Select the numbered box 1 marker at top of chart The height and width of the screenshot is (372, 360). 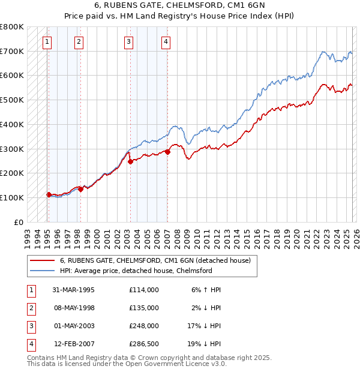pos(47,41)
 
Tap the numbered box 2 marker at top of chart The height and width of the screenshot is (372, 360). pos(79,41)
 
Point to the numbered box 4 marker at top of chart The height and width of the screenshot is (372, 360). pos(166,41)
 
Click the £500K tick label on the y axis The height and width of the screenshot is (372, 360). pos(11,100)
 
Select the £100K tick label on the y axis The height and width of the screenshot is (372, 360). pos(11,197)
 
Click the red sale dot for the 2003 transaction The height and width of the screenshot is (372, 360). pos(130,161)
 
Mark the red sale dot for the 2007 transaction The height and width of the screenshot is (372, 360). pos(167,152)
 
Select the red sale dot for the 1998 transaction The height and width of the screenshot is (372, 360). pos(80,188)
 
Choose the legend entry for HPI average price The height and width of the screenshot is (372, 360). pos(136,271)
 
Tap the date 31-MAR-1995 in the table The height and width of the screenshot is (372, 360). pos(73,289)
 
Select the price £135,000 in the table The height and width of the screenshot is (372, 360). pos(143,307)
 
